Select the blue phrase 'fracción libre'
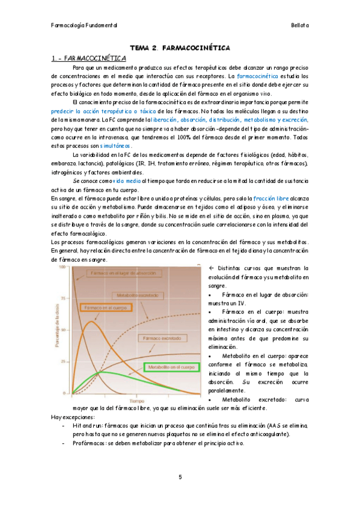pos(273,198)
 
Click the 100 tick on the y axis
pos(62,267)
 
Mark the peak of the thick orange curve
pos(90,321)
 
